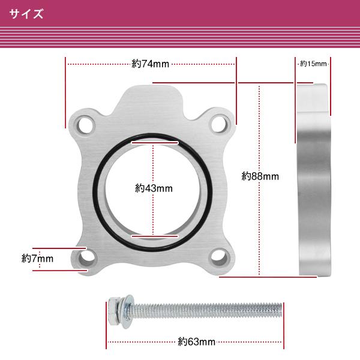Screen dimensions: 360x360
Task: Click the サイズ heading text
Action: pyautogui.click(x=26, y=14)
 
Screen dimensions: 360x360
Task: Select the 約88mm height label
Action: pyautogui.click(x=260, y=176)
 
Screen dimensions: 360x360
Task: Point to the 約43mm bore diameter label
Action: pyautogui.click(x=154, y=188)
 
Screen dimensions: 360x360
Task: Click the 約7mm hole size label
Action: pyautogui.click(x=37, y=259)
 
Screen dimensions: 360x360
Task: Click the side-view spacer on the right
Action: pyautogui.click(x=313, y=180)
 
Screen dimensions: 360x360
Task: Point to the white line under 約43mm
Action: pyautogui.click(x=154, y=236)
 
